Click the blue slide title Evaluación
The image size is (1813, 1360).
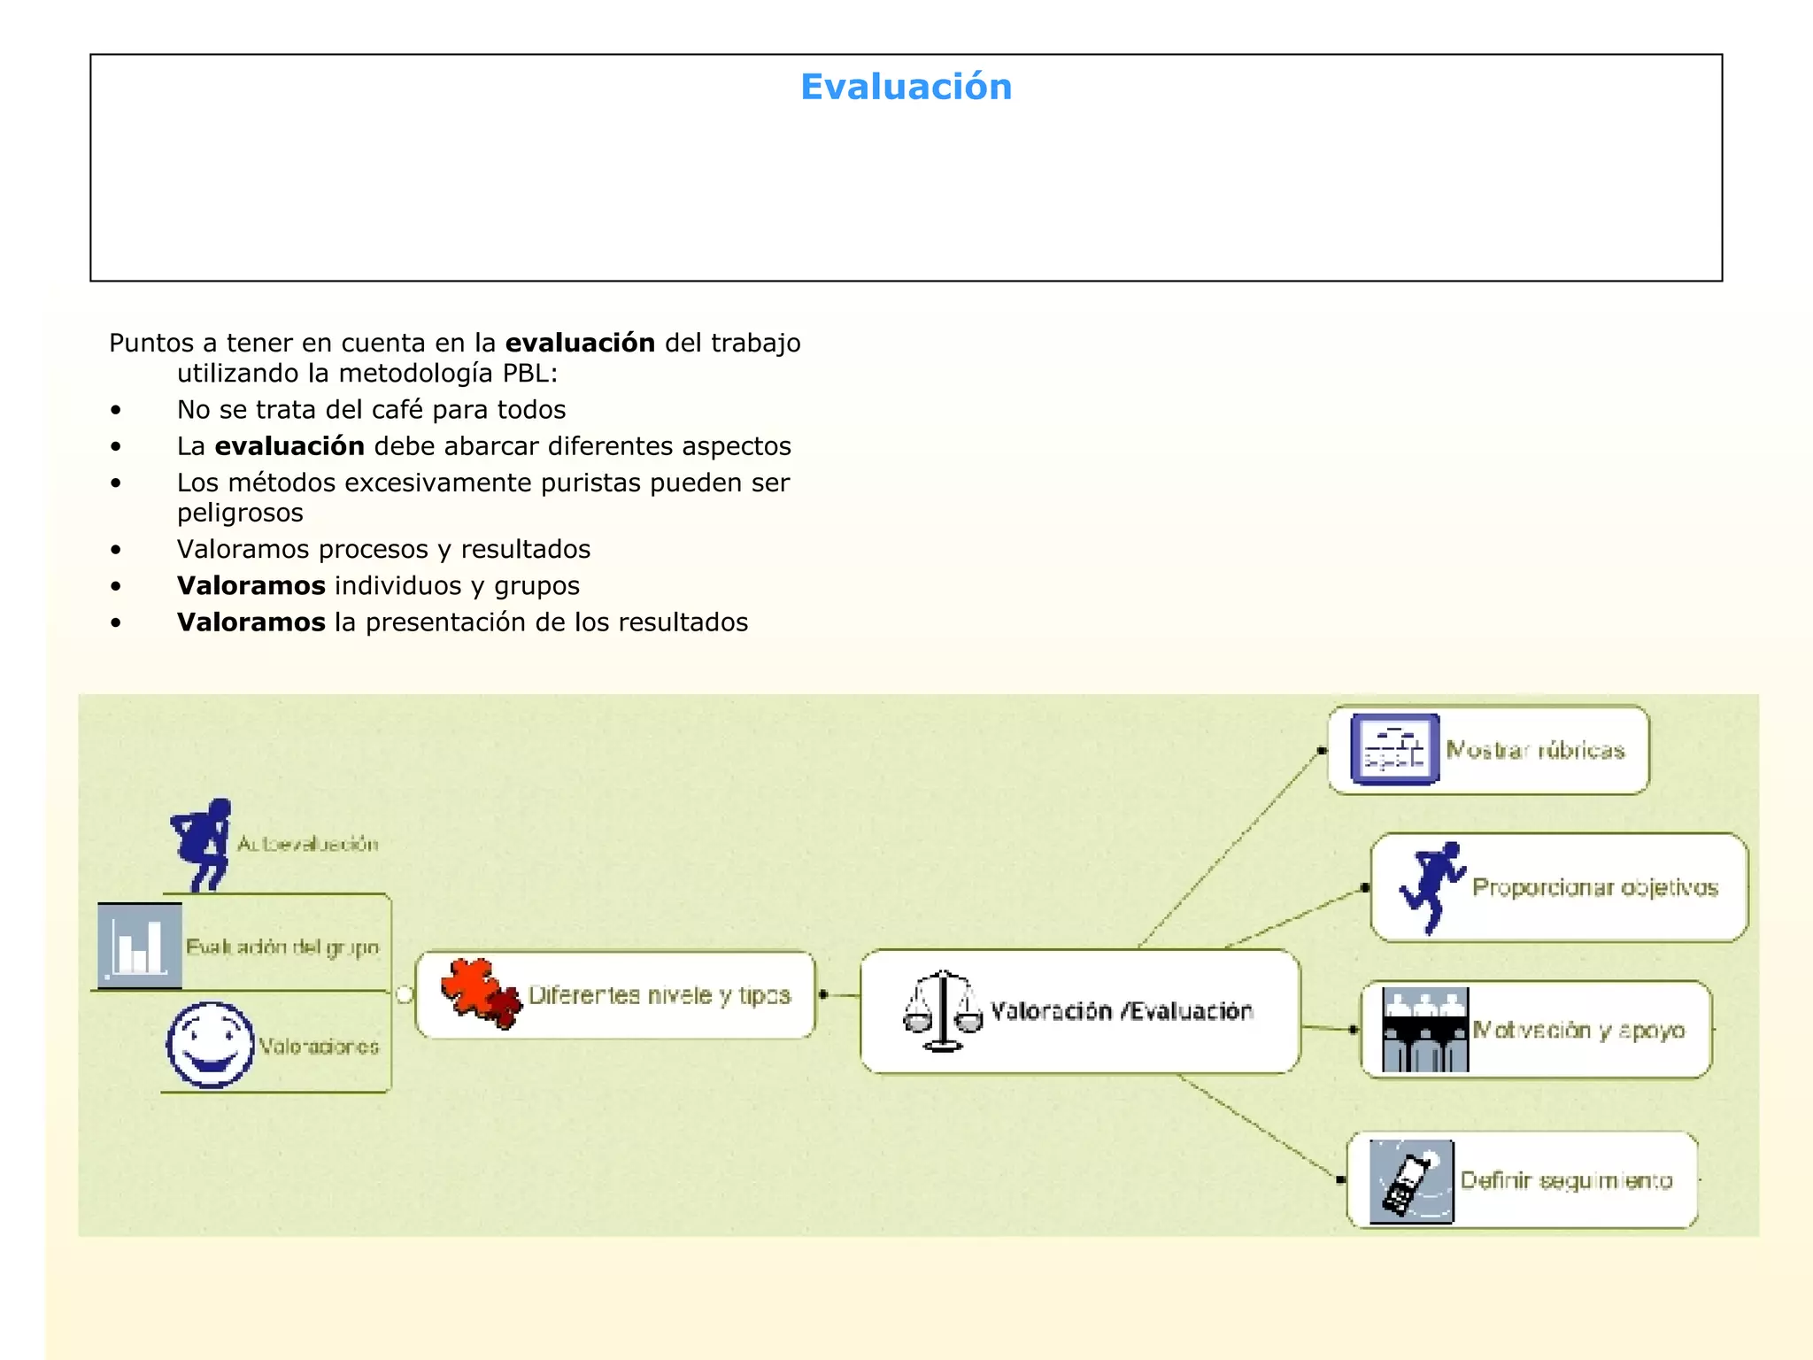(906, 87)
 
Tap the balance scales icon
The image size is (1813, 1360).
(943, 1011)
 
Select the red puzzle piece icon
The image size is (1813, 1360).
(482, 993)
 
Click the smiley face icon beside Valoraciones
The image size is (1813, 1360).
(211, 1045)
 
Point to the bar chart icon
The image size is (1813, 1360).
(140, 946)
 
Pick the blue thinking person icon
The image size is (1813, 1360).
(203, 844)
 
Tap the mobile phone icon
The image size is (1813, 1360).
(1410, 1181)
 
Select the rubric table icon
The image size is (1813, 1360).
(1394, 749)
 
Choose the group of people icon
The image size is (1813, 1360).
(1425, 1030)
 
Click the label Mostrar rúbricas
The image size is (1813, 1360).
(1535, 751)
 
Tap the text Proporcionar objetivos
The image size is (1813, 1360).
(1594, 887)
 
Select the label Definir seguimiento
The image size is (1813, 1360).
(1566, 1180)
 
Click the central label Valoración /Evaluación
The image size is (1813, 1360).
(1122, 1011)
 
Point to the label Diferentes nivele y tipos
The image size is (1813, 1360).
(659, 995)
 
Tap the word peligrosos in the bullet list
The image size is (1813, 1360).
(240, 513)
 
